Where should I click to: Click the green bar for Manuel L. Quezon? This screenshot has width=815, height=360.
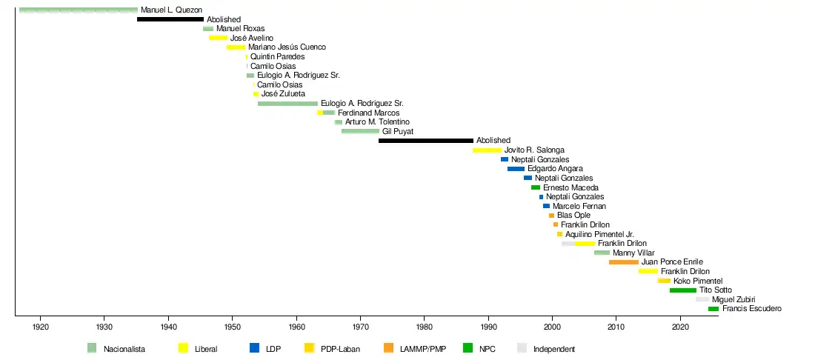coord(79,10)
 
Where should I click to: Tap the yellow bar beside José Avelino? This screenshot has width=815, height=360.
coord(218,38)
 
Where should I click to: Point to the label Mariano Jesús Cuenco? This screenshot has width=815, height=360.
coord(287,47)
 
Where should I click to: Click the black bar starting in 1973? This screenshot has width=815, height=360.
coord(426,140)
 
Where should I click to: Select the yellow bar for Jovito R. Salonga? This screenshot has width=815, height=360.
coord(487,150)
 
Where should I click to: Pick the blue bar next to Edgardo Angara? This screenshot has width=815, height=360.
coord(516,169)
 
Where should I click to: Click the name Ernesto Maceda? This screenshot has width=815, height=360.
coord(570,187)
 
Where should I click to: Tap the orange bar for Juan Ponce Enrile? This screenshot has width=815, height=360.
coord(624,262)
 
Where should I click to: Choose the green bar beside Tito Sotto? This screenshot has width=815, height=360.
coord(682,290)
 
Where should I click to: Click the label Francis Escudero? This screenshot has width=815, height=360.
coord(751,308)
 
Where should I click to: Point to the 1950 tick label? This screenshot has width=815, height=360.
coord(232,327)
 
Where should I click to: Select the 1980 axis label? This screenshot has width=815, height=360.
coord(425,327)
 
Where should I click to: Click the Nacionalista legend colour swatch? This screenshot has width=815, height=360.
coord(92,348)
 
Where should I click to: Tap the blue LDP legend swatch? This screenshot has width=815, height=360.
coord(254,348)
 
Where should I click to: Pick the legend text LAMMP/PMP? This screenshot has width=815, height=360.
coord(422,349)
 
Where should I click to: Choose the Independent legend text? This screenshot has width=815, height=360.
coord(553,349)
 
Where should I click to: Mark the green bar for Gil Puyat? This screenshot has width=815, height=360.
coord(360,131)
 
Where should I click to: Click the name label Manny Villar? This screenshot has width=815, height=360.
coord(633,253)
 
